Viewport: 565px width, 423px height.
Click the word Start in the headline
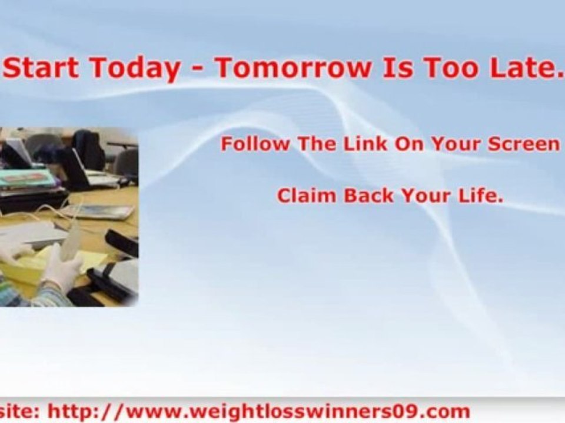41,67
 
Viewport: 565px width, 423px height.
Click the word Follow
255,143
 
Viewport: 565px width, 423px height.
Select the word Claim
306,196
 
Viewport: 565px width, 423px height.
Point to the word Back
368,196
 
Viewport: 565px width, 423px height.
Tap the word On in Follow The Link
410,143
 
